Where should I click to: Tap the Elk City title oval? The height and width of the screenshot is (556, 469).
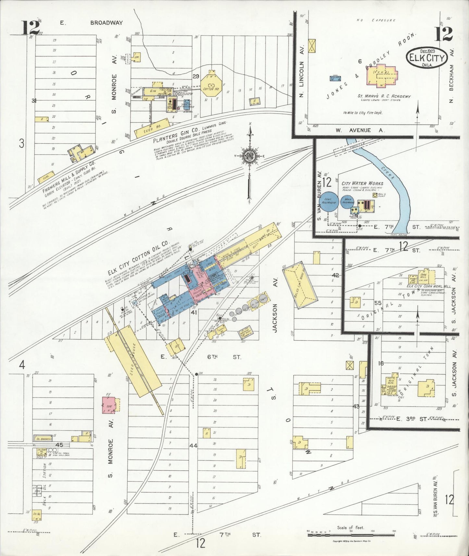click(x=427, y=57)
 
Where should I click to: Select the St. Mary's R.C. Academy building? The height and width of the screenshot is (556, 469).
click(x=382, y=77)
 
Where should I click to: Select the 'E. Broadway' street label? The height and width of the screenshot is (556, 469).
click(x=92, y=23)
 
